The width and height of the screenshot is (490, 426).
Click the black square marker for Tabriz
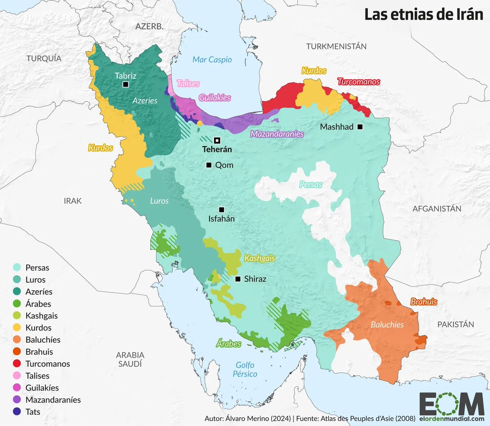coord(126,85)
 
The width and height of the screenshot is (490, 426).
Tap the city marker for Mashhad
coord(360,127)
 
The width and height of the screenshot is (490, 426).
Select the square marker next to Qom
coord(209,165)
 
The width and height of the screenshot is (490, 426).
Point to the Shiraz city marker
coord(238,279)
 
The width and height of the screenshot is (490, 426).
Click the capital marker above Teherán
coord(217,141)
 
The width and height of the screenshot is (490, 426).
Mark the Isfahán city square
coord(221,210)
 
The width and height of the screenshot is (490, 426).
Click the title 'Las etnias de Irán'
coord(423,15)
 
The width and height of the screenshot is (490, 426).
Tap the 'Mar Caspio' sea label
coord(212,60)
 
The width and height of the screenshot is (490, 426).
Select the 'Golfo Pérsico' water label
coord(245,369)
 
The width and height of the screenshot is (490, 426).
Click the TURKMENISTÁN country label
coord(336,47)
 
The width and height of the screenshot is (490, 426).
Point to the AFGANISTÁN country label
coord(437,209)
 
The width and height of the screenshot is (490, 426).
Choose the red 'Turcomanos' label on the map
coord(359,82)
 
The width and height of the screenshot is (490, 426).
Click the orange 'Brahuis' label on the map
coord(423,302)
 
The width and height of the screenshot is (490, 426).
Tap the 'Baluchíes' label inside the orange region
coord(387,325)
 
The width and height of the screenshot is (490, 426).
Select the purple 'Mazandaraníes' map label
coord(277,134)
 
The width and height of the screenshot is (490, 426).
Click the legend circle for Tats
coord(17,412)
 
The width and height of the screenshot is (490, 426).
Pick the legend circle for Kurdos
coord(17,328)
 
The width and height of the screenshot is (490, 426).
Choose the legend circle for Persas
coord(17,268)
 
